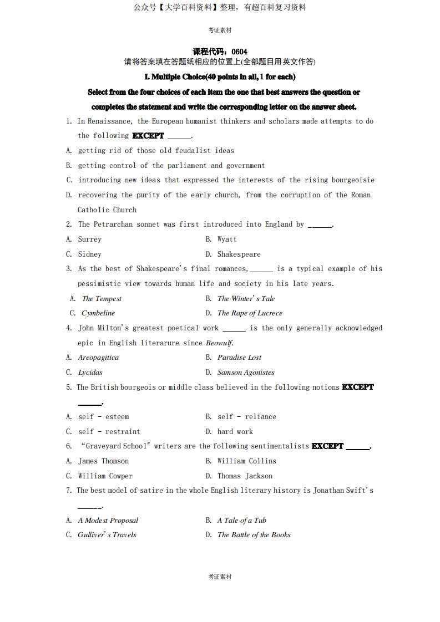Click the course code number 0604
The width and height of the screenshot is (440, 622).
(240, 52)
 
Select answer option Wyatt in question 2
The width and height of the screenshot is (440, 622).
(227, 239)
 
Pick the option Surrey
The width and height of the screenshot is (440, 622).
(90, 239)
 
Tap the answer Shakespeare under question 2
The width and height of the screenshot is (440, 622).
(239, 254)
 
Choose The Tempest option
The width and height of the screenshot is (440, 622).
(102, 299)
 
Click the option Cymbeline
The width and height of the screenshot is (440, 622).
(98, 313)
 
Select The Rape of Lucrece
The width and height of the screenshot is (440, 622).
(250, 313)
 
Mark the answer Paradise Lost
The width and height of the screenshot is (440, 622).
(239, 358)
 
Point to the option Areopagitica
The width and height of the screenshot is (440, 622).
(98, 358)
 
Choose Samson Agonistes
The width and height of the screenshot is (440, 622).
(246, 373)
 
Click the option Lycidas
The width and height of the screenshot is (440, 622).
(90, 373)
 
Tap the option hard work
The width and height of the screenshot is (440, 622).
(235, 432)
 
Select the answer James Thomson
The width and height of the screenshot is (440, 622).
(103, 461)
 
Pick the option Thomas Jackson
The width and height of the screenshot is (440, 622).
(245, 476)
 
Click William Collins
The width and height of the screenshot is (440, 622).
(246, 461)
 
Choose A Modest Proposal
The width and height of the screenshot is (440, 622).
(108, 521)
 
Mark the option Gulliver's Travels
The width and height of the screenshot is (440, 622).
(107, 535)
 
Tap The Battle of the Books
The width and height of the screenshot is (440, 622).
(254, 535)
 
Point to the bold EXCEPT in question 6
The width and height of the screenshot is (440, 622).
(327, 446)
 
